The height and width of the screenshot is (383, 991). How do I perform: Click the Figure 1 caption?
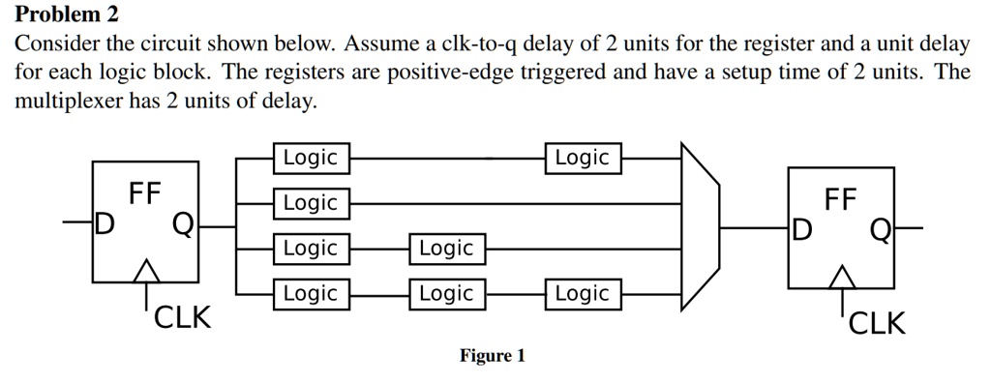tap(492, 356)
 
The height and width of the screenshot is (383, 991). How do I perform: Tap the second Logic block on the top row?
tap(582, 158)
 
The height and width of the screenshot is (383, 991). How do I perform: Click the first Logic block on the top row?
tap(310, 158)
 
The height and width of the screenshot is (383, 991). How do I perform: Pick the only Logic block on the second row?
tap(310, 203)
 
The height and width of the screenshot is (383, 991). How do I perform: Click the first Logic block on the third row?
tap(310, 249)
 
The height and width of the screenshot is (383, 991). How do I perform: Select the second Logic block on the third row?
tap(445, 249)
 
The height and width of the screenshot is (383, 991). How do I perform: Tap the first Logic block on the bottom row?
tap(310, 293)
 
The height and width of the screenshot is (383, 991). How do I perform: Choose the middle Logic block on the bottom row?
tap(445, 293)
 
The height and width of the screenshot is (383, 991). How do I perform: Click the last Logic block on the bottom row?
tap(582, 293)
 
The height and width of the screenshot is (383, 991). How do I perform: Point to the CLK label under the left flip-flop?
tap(183, 317)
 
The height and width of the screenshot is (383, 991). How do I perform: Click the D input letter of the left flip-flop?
tap(104, 224)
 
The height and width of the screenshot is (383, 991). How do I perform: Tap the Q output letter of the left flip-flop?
tap(182, 224)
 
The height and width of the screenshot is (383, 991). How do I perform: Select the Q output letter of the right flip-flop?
tap(880, 230)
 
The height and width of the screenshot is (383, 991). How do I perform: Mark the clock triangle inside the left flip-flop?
tap(147, 270)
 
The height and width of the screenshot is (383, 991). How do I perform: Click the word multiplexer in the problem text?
tap(68, 103)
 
